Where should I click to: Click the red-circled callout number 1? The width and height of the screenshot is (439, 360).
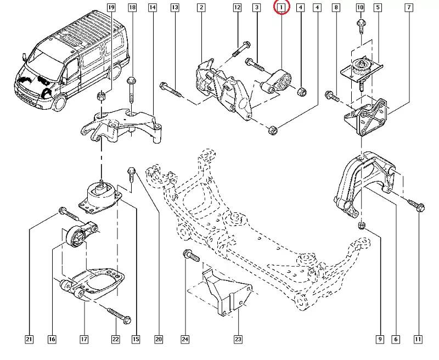pos(281,8)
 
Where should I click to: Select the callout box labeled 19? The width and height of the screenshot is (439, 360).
pos(111,8)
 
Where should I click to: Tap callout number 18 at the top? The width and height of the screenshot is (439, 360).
pos(132,8)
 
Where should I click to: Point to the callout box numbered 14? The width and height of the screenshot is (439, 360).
pos(152,8)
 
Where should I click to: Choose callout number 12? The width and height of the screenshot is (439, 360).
pos(237,8)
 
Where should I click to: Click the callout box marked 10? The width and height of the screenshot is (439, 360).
pos(360,8)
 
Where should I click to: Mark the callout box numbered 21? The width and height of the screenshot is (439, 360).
pos(30,339)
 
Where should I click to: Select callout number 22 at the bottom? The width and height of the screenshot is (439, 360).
pos(116,339)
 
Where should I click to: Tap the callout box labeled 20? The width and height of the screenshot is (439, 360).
pos(159,339)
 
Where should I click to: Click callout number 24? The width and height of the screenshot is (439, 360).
pos(185,339)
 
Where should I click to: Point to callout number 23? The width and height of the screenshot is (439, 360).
pos(238,339)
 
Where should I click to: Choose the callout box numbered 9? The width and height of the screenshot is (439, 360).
pos(380,339)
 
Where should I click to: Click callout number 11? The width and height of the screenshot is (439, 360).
pos(419,339)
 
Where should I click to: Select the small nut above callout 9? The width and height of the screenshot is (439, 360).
pos(361,226)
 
